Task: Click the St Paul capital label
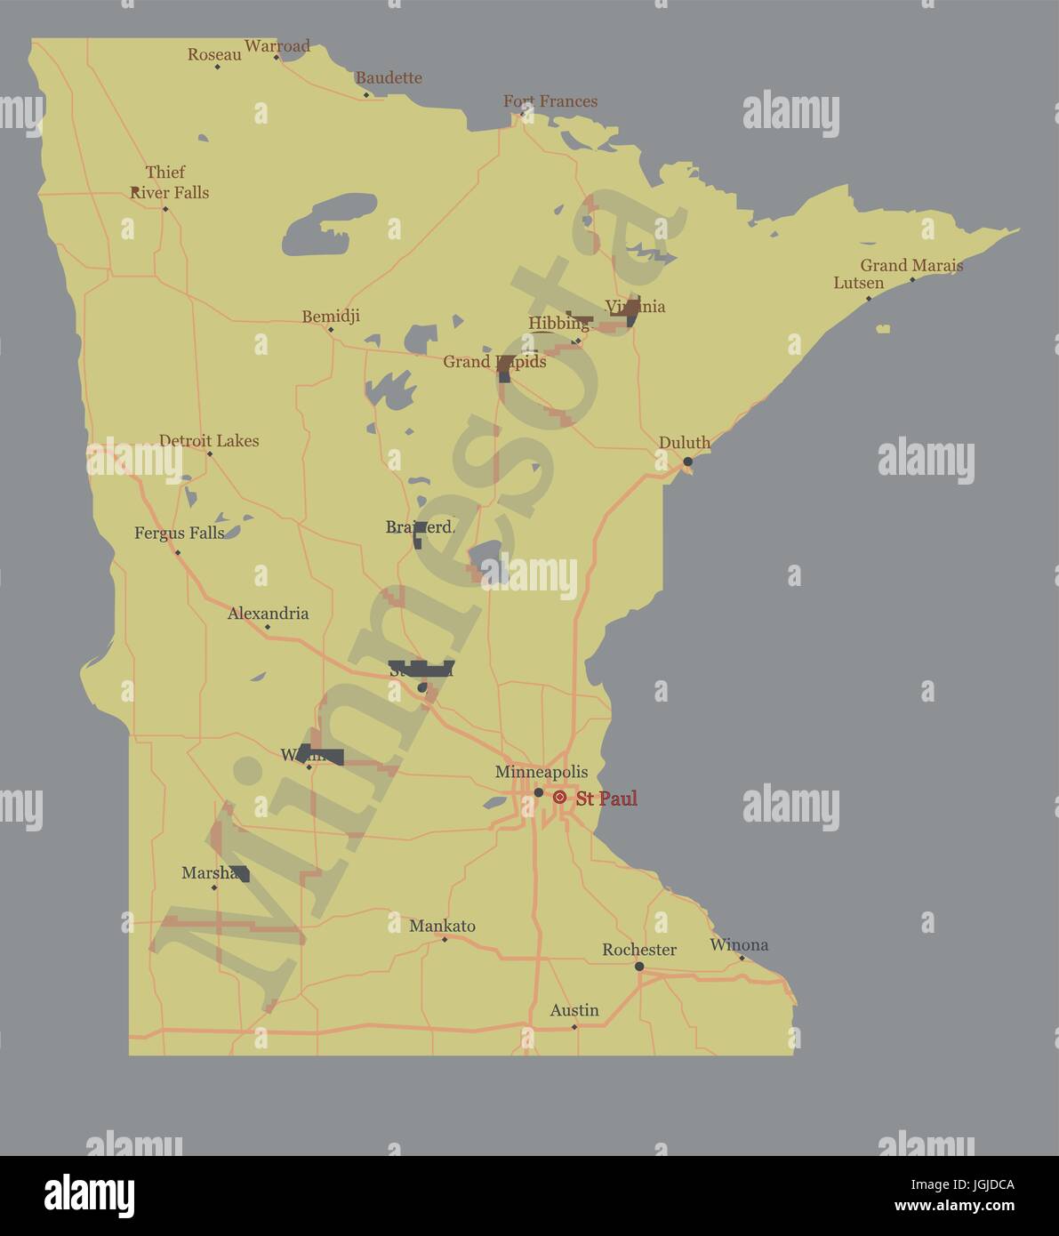tap(606, 799)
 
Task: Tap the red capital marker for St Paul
tap(559, 798)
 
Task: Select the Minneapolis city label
tap(541, 772)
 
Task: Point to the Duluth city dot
tap(687, 461)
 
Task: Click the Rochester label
tap(639, 950)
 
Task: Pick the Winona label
tap(739, 944)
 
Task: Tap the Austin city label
tap(574, 1010)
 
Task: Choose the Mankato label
tap(442, 926)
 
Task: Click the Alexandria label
tap(268, 613)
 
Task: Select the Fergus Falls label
tap(179, 533)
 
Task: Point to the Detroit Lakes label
tap(209, 440)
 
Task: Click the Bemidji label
tap(331, 316)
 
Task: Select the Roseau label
tap(214, 55)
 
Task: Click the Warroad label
tap(277, 45)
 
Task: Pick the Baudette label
tap(389, 77)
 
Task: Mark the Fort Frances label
tap(550, 100)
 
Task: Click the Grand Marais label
tap(911, 265)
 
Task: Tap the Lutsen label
tap(858, 283)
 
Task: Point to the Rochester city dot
tap(639, 967)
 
